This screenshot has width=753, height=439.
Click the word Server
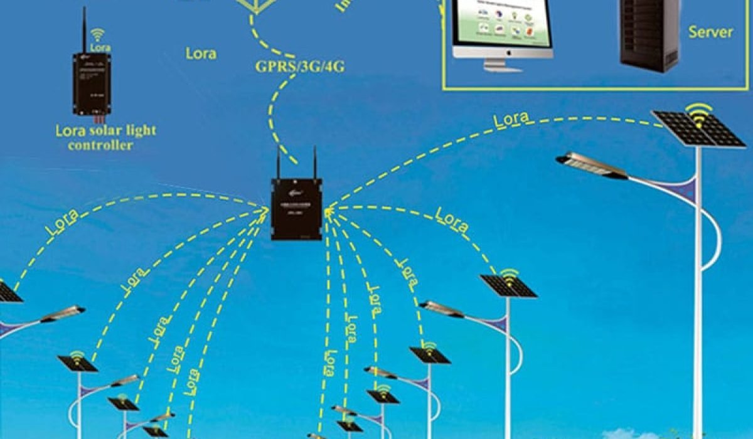tap(710, 32)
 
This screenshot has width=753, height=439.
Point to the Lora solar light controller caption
tap(105, 138)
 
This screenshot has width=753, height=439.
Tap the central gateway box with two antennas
tap(296, 209)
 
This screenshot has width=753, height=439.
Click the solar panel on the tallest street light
tap(698, 129)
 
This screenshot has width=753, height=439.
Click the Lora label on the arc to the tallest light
tap(510, 120)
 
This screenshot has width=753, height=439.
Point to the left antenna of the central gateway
tap(277, 162)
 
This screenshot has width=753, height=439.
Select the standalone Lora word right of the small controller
tap(201, 53)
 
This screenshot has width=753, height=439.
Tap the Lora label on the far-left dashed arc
tap(62, 222)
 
